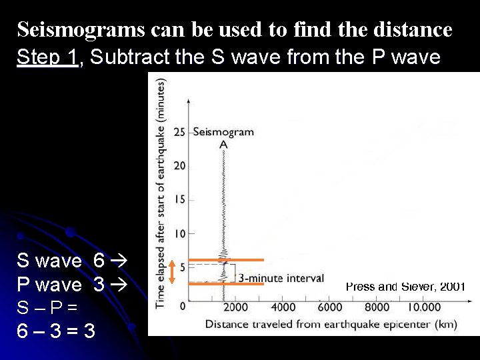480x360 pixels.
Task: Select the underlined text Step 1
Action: [x=47, y=57]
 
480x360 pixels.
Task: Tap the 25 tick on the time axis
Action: [x=180, y=132]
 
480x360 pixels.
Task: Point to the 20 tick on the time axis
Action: [x=180, y=166]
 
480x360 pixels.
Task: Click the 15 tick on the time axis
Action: [x=180, y=200]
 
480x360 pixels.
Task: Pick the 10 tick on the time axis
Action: [x=180, y=234]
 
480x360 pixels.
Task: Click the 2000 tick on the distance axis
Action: [x=235, y=307]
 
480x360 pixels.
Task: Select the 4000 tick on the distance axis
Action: [x=283, y=307]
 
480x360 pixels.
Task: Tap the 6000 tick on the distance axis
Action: [x=331, y=307]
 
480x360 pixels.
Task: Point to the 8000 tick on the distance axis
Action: [x=377, y=307]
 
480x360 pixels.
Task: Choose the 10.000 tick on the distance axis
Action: [x=425, y=307]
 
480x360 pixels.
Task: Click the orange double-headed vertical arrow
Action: [x=172, y=271]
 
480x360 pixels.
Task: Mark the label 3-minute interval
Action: [x=281, y=278]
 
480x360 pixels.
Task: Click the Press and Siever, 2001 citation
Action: [x=405, y=287]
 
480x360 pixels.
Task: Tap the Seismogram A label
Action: [x=223, y=137]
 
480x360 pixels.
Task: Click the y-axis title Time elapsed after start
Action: [x=161, y=193]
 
